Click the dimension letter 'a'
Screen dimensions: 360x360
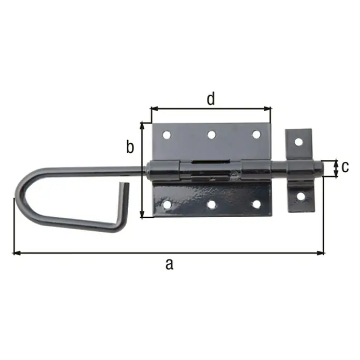pyautogui.click(x=170, y=264)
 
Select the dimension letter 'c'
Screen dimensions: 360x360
pyautogui.click(x=345, y=167)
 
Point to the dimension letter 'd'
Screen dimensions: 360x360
pyautogui.click(x=211, y=98)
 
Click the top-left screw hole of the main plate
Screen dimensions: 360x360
pyautogui.click(x=167, y=135)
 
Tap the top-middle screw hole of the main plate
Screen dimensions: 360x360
pyautogui.click(x=212, y=134)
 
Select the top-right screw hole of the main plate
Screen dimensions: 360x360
pyautogui.click(x=256, y=134)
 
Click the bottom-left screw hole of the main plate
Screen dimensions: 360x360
pyautogui.click(x=167, y=205)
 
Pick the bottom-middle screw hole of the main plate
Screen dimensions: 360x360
pyautogui.click(x=212, y=204)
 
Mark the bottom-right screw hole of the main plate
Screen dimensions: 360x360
pyautogui.click(x=257, y=204)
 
